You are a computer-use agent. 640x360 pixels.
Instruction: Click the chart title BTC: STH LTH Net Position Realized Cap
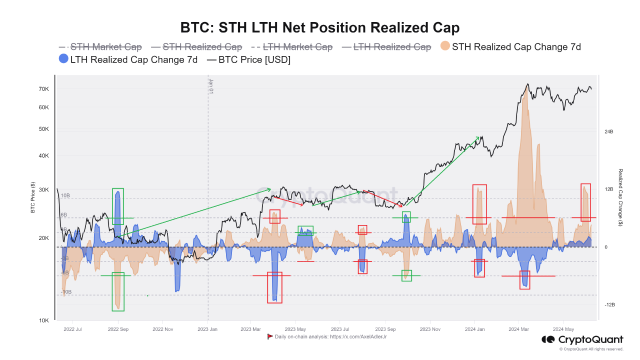click(319, 27)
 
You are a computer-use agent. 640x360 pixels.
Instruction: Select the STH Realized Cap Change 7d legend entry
click(516, 47)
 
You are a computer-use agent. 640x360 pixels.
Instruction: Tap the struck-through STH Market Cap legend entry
click(105, 47)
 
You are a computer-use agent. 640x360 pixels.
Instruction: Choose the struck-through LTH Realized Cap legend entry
click(391, 47)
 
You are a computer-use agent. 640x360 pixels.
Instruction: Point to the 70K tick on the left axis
click(43, 89)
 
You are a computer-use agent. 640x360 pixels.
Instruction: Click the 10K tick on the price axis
click(43, 320)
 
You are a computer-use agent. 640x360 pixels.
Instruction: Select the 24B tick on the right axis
click(608, 132)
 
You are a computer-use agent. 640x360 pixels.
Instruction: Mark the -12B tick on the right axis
click(609, 305)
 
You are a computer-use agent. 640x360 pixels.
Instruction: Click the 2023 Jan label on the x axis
click(207, 329)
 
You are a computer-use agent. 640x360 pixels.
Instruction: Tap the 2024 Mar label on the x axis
click(518, 329)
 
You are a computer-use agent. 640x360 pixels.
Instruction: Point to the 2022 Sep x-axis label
click(118, 329)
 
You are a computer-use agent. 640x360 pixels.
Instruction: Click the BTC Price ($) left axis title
click(33, 197)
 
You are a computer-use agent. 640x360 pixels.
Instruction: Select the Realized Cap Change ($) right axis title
click(620, 197)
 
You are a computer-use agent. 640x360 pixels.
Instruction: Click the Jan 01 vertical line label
click(211, 86)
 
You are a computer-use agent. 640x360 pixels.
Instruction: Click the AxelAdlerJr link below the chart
click(358, 337)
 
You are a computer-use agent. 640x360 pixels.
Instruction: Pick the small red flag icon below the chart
click(270, 336)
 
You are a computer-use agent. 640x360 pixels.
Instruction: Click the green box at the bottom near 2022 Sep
click(118, 291)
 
